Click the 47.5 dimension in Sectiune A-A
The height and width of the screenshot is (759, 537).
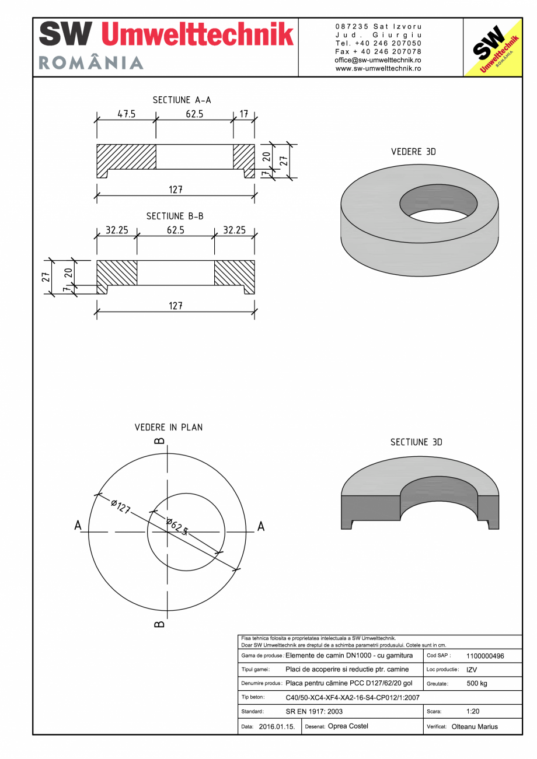pyautogui.click(x=126, y=114)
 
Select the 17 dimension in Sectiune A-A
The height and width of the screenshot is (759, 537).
pyautogui.click(x=243, y=114)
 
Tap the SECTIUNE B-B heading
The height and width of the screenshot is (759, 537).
pyautogui.click(x=175, y=216)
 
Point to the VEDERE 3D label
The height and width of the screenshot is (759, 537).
pyautogui.click(x=413, y=152)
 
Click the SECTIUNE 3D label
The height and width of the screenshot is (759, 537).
pyautogui.click(x=416, y=442)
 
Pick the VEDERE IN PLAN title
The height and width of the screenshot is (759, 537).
pyautogui.click(x=169, y=427)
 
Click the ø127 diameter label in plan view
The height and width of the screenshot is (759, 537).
pyautogui.click(x=120, y=505)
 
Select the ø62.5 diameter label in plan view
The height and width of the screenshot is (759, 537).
pyautogui.click(x=177, y=526)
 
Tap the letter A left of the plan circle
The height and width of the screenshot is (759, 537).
pyautogui.click(x=78, y=526)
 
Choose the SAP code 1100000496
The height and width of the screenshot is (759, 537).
pyautogui.click(x=485, y=656)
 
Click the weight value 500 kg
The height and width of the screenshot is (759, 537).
pyautogui.click(x=477, y=683)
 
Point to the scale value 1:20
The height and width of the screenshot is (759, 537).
pyautogui.click(x=473, y=711)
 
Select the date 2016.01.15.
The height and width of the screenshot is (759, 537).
pyautogui.click(x=277, y=727)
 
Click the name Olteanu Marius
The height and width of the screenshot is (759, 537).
pyautogui.click(x=475, y=727)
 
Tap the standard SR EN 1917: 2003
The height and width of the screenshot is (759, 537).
pyautogui.click(x=314, y=711)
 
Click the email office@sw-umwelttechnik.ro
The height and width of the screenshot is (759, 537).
pyautogui.click(x=378, y=60)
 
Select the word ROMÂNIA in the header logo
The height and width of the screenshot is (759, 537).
pyautogui.click(x=91, y=63)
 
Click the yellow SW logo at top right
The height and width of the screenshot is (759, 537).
pyautogui.click(x=492, y=47)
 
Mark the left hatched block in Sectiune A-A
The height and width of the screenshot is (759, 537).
pyautogui.click(x=126, y=157)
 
